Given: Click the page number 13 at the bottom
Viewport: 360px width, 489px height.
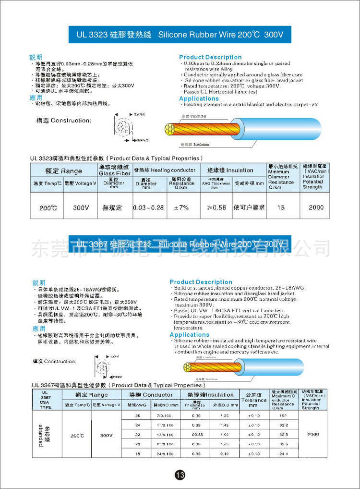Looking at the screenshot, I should click(180, 475).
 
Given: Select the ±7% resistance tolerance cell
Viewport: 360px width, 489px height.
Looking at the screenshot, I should click(181, 208).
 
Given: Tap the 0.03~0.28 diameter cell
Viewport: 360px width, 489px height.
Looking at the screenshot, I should click(149, 208).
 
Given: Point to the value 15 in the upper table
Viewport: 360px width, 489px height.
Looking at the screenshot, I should click(281, 208).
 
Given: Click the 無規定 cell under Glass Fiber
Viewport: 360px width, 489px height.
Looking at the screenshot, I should click(113, 208).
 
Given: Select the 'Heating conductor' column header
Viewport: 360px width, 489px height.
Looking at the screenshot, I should click(165, 170).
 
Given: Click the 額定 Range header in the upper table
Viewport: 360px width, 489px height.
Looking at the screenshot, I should click(63, 171).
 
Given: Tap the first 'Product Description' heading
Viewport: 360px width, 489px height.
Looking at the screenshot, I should click(210, 57).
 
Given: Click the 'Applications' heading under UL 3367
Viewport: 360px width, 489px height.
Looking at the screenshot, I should click(189, 335).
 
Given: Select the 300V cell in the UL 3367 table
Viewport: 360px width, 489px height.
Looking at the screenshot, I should click(106, 435).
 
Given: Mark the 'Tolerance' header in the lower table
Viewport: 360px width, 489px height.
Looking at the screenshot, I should click(253, 400).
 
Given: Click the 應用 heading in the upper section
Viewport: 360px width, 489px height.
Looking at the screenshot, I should click(36, 98).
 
